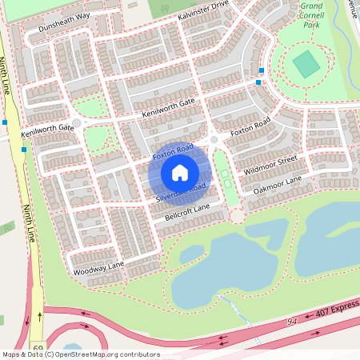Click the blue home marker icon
pyautogui.click(x=180, y=172)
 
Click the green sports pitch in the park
pyautogui.click(x=304, y=64)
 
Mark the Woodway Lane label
pyautogui.click(x=99, y=268)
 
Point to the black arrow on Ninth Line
pyautogui.click(x=39, y=317)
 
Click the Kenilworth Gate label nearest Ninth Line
pyautogui.click(x=47, y=127)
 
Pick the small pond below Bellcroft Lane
pyautogui.click(x=192, y=254)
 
